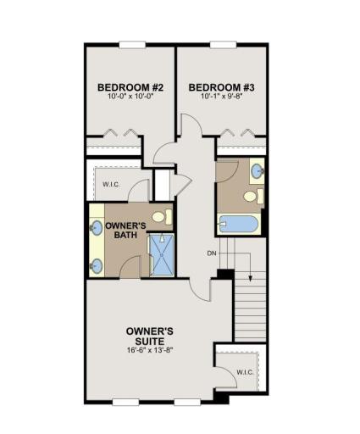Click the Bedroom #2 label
pyautogui.click(x=130, y=87)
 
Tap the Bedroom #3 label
pyautogui.click(x=222, y=87)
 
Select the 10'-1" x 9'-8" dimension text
pyautogui.click(x=222, y=96)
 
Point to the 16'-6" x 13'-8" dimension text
pyautogui.click(x=150, y=350)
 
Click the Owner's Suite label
pyautogui.click(x=150, y=336)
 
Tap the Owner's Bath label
pyautogui.click(x=125, y=230)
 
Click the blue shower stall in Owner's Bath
pyautogui.click(x=162, y=254)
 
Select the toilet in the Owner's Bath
pyautogui.click(x=163, y=217)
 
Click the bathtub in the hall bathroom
pyautogui.click(x=239, y=224)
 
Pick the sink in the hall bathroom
pyautogui.click(x=257, y=171)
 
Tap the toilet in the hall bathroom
pyautogui.click(x=253, y=196)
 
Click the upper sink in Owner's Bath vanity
pyautogui.click(x=96, y=228)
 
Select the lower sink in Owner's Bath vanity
pyautogui.click(x=96, y=266)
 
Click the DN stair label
pyautogui.click(x=212, y=253)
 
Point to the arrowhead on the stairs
pyautogui.click(x=250, y=278)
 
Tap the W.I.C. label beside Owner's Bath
pyautogui.click(x=111, y=185)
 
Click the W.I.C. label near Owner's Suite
pyautogui.click(x=245, y=372)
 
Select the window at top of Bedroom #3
pyautogui.click(x=223, y=45)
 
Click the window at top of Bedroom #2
pyautogui.click(x=132, y=45)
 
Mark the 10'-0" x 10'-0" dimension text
pyautogui.click(x=130, y=96)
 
